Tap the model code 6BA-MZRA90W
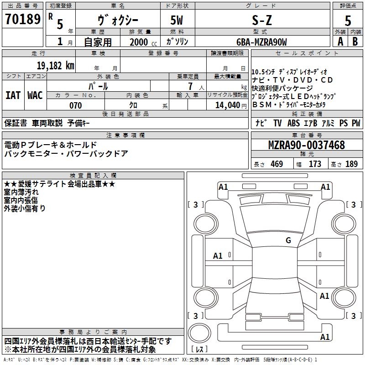[x=262, y=42]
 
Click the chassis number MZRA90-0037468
[x=306, y=145]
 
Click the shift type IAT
[x=13, y=95]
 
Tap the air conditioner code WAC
[x=35, y=95]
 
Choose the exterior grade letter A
[x=339, y=42]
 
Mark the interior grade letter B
[x=355, y=42]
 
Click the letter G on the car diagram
[x=288, y=240]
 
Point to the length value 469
[x=276, y=164]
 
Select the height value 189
[x=351, y=164]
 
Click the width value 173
[x=315, y=164]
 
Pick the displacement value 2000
[x=139, y=42]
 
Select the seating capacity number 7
[x=188, y=86]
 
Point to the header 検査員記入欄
[x=93, y=175]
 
